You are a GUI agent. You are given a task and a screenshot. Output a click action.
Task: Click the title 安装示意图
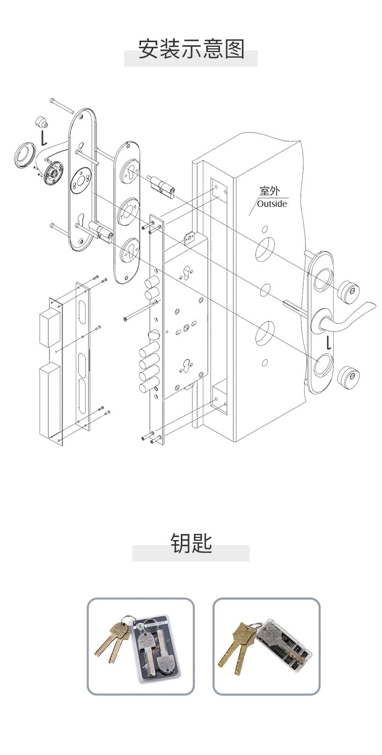pos(192,49)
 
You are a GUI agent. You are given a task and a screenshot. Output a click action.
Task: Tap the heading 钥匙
pos(191,544)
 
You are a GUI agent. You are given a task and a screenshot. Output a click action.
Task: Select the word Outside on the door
pos(272,204)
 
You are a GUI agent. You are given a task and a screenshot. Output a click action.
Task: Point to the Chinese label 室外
pos(269,191)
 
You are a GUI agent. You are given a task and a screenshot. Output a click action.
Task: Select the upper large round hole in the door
pos(264,249)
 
